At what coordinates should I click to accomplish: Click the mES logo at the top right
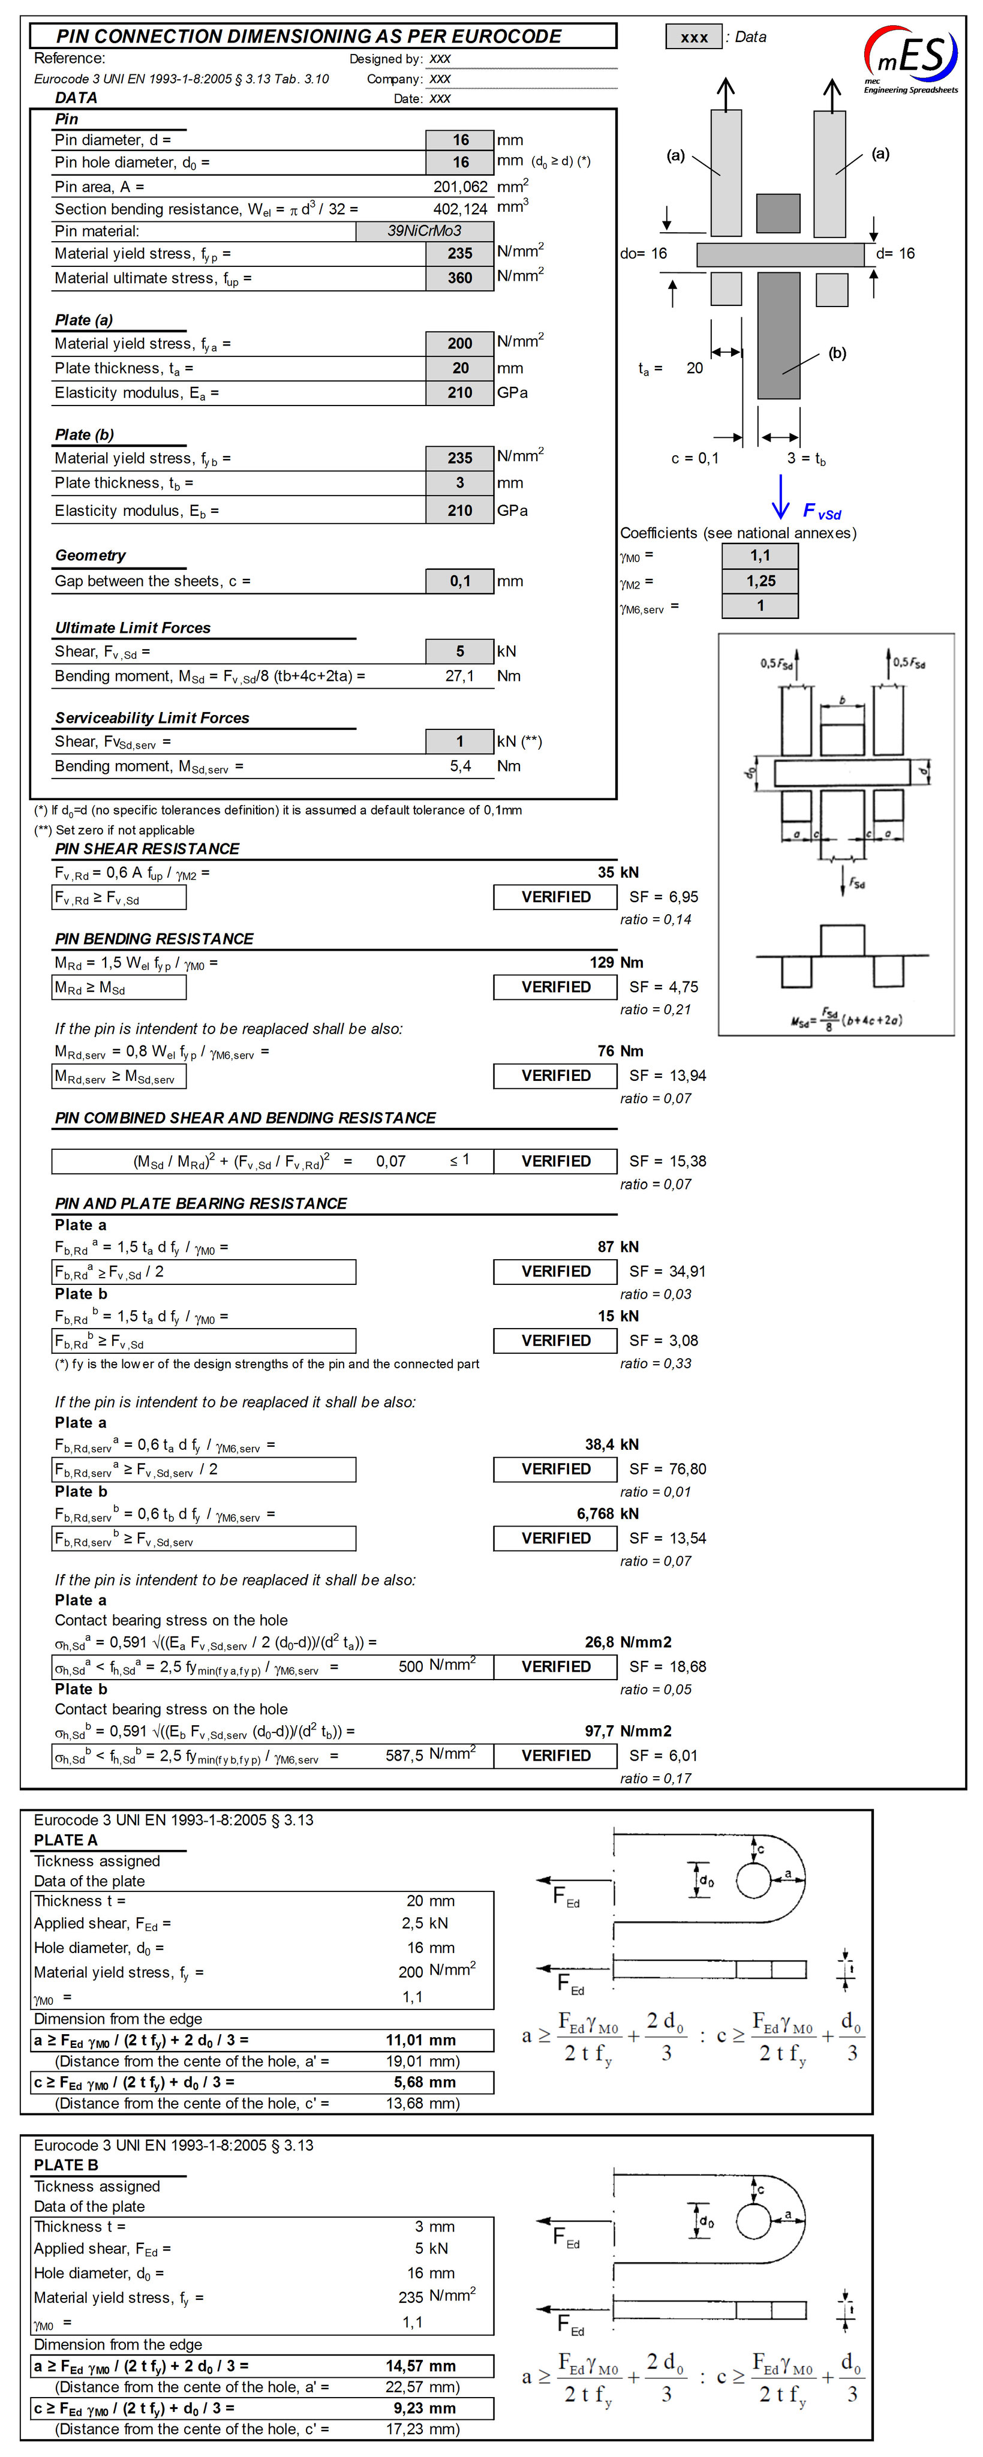910,59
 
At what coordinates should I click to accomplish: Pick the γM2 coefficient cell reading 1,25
760,581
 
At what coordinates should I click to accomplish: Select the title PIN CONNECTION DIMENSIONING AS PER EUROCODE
309,36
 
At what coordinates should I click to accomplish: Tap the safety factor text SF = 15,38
668,1161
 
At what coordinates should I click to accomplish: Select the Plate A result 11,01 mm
420,2040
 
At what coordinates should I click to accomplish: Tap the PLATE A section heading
66,1840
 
